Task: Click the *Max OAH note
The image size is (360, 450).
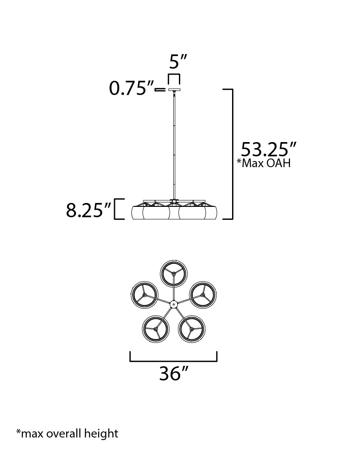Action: [264, 163]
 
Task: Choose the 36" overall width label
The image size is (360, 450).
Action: [174, 374]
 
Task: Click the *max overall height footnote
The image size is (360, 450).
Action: [67, 433]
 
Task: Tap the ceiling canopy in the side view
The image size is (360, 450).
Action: [174, 89]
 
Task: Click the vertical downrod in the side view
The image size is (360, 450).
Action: [174, 145]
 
